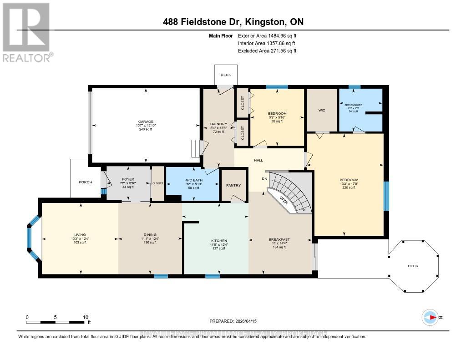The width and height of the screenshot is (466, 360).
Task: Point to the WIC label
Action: tap(322, 110)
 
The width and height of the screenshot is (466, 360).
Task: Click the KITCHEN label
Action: tap(219, 241)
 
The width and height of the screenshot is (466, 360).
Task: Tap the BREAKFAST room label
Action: tap(279, 239)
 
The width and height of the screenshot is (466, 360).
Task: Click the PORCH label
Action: tap(85, 182)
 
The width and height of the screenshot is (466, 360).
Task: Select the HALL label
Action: tap(259, 160)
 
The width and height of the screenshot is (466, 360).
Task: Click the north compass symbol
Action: tap(430, 317)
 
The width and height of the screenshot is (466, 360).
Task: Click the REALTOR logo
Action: tap(26, 32)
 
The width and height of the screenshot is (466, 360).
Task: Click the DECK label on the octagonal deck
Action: tap(413, 266)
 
